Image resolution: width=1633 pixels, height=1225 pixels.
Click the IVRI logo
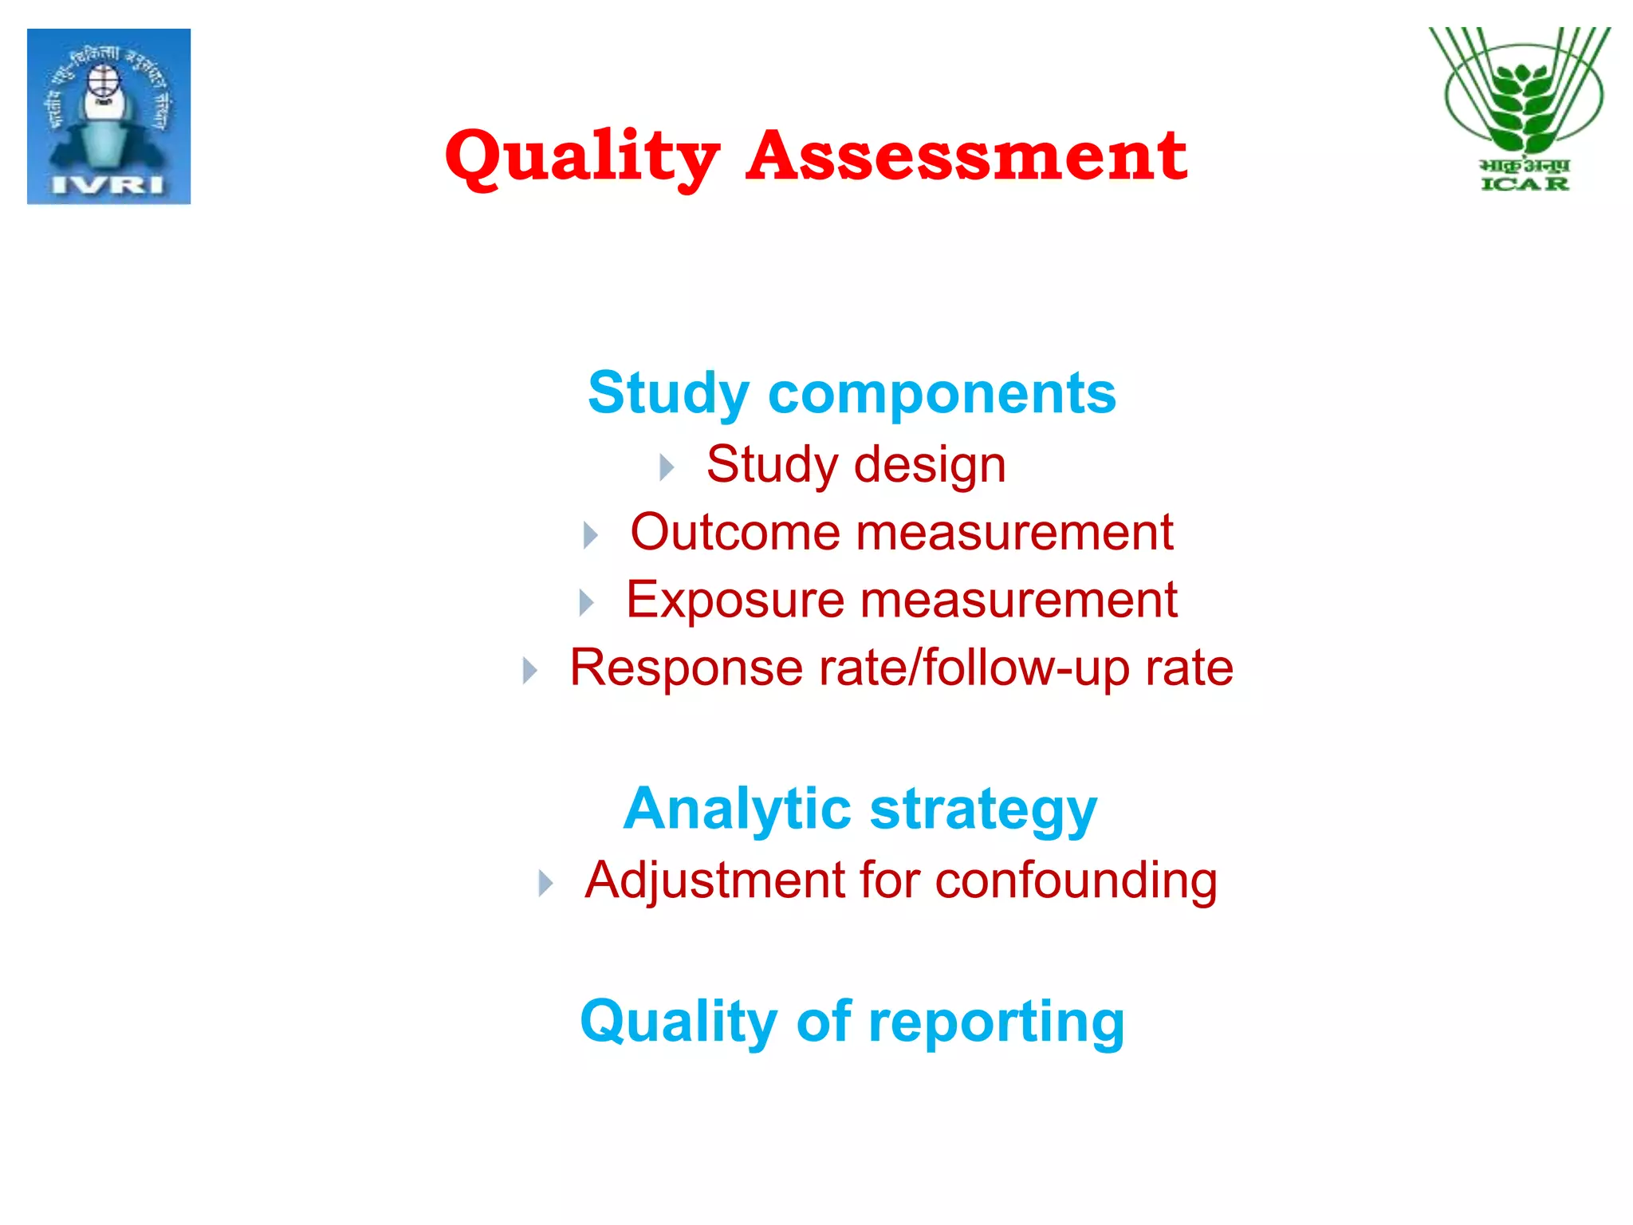(x=108, y=116)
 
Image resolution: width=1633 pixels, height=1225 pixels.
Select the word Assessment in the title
(x=966, y=156)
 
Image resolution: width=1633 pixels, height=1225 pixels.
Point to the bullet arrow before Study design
(x=667, y=467)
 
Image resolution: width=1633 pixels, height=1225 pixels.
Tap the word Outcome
(x=734, y=532)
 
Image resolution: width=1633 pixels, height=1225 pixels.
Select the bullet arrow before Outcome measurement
(x=590, y=534)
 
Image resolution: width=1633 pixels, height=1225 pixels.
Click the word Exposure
(x=734, y=600)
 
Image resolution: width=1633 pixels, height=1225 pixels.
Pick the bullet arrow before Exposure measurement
(x=586, y=602)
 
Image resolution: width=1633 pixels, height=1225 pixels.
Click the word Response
(x=687, y=668)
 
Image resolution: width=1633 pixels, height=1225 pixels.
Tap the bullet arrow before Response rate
(x=529, y=670)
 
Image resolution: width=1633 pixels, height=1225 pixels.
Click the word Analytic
(x=738, y=809)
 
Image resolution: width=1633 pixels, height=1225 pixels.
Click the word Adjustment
(x=714, y=880)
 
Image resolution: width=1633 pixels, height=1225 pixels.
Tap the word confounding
(x=1076, y=882)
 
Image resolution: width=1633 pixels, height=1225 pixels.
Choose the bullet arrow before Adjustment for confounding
(x=545, y=883)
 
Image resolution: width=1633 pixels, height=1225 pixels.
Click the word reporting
(x=996, y=1022)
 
